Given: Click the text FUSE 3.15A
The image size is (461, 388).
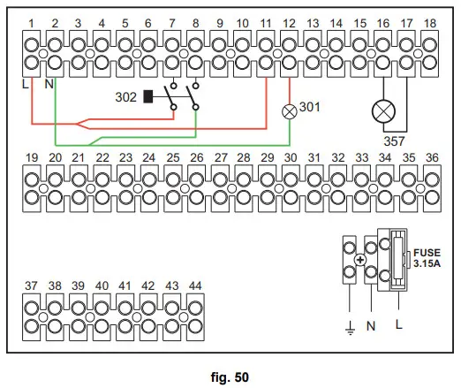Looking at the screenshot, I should (x=427, y=257).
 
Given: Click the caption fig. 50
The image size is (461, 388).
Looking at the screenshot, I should (x=230, y=378).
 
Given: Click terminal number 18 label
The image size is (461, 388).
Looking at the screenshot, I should (x=430, y=20).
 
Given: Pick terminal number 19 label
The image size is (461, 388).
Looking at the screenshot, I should (x=32, y=157).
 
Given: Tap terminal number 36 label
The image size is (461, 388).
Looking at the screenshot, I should (x=431, y=157).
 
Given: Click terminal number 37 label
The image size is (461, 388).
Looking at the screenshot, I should (x=32, y=285).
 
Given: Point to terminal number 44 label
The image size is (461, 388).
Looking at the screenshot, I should (x=194, y=285).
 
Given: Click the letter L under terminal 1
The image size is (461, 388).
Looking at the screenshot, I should (x=26, y=83).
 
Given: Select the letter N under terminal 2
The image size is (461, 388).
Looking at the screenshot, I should (x=49, y=83).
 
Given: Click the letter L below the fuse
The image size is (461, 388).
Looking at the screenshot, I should (x=399, y=324).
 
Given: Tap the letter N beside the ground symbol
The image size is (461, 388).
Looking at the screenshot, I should (x=371, y=325).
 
